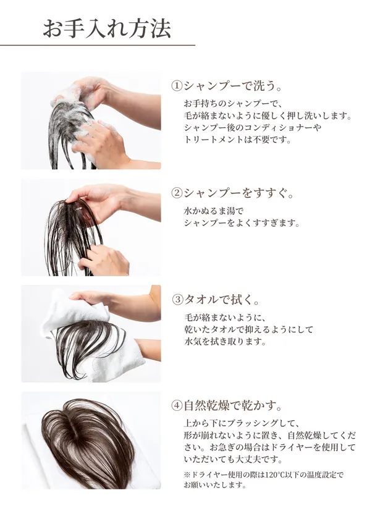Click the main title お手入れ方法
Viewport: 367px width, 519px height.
point(106,29)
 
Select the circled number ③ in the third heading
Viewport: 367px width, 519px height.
point(177,299)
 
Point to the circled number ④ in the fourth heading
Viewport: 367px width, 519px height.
point(177,406)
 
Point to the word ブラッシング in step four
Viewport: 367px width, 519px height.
point(258,424)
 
